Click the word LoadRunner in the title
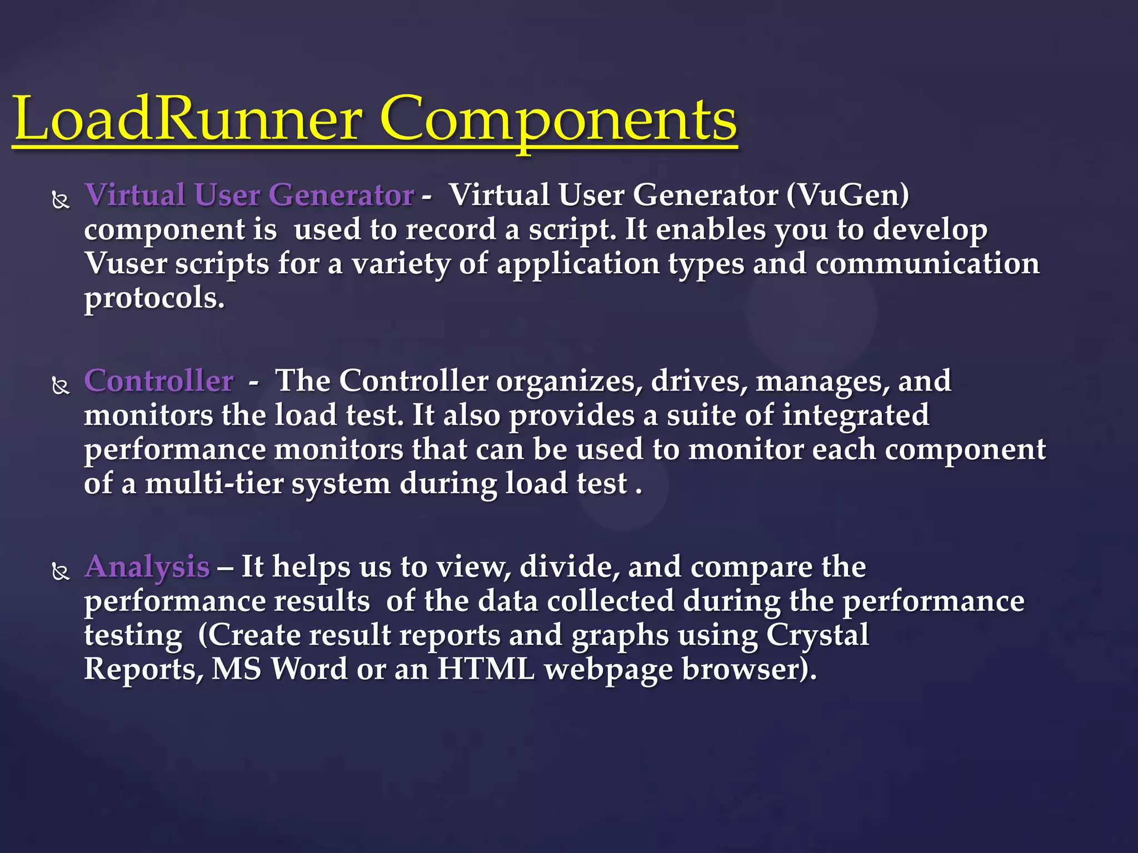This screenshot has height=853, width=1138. [189, 119]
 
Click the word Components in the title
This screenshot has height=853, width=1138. [558, 119]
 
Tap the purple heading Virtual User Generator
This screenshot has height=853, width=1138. [249, 195]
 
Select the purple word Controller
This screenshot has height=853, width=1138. [159, 381]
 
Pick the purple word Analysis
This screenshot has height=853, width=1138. [147, 567]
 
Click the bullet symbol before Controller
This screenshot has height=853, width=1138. [61, 385]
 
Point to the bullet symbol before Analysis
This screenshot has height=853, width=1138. [61, 571]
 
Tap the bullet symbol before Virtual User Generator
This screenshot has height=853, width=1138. [61, 199]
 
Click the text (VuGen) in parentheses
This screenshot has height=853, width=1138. [847, 195]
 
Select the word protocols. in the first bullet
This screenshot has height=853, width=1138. [154, 298]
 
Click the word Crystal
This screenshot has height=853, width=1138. [817, 635]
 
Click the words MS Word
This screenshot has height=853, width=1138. [279, 669]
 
